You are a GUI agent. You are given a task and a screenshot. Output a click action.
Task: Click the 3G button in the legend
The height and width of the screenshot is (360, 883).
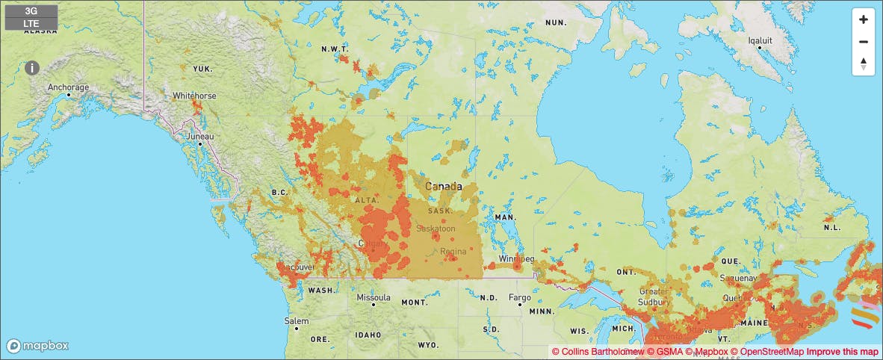coord(31,11)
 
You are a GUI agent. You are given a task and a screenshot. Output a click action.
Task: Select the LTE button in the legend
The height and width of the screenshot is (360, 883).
coord(31,23)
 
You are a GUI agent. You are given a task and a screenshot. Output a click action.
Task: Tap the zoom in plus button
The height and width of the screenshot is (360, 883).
coord(863,19)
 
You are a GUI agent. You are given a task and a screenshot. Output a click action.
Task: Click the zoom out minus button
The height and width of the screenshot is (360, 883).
coord(863,42)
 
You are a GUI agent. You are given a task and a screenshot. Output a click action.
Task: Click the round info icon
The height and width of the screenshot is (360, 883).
coord(32,68)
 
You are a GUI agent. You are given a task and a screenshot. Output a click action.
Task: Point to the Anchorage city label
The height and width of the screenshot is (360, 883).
coord(68,87)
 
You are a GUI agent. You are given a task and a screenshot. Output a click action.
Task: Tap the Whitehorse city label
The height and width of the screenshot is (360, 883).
coord(194,96)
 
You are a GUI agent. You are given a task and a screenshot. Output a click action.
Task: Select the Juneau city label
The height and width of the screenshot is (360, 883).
coord(200,137)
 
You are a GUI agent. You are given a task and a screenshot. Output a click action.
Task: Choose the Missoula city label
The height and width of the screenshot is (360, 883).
coord(373,297)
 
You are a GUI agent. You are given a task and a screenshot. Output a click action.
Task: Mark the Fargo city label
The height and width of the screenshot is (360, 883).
coord(519,297)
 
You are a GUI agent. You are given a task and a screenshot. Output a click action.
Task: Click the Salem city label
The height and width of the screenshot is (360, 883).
coord(296,320)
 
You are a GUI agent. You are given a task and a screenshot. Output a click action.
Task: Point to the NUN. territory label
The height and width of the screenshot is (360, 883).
coord(557,23)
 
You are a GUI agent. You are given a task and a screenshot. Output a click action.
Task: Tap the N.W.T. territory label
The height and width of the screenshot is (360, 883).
coord(334,49)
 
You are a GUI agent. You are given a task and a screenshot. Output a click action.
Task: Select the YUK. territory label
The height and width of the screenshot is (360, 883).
coord(202,69)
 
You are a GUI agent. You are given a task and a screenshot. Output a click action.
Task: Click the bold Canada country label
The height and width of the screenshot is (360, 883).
coord(443,186)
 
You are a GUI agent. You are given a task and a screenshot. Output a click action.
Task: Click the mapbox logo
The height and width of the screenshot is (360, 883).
coord(38,346)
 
